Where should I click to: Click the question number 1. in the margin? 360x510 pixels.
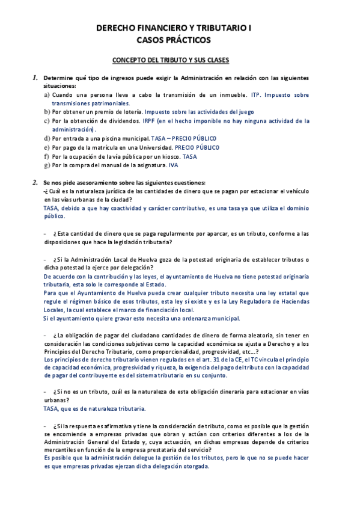[36, 78]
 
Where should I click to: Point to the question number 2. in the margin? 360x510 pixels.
[36, 182]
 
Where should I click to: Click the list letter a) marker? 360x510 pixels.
[47, 95]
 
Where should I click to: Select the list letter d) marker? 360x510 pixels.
[47, 138]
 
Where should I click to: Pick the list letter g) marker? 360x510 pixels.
[47, 165]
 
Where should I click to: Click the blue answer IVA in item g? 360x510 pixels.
[174, 165]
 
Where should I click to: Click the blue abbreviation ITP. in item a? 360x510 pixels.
[256, 95]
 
